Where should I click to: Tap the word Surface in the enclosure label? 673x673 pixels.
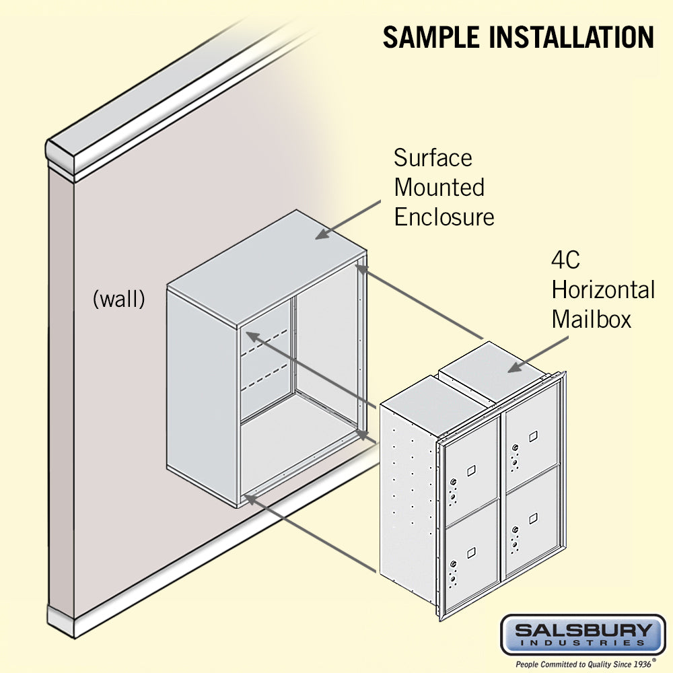point(433,158)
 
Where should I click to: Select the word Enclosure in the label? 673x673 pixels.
point(444,217)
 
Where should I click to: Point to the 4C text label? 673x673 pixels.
point(566,260)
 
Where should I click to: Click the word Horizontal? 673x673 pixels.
point(603,290)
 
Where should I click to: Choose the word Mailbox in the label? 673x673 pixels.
point(592,319)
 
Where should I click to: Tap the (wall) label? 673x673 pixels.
point(118,299)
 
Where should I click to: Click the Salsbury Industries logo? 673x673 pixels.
point(583,633)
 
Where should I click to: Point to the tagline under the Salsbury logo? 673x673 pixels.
point(583,663)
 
